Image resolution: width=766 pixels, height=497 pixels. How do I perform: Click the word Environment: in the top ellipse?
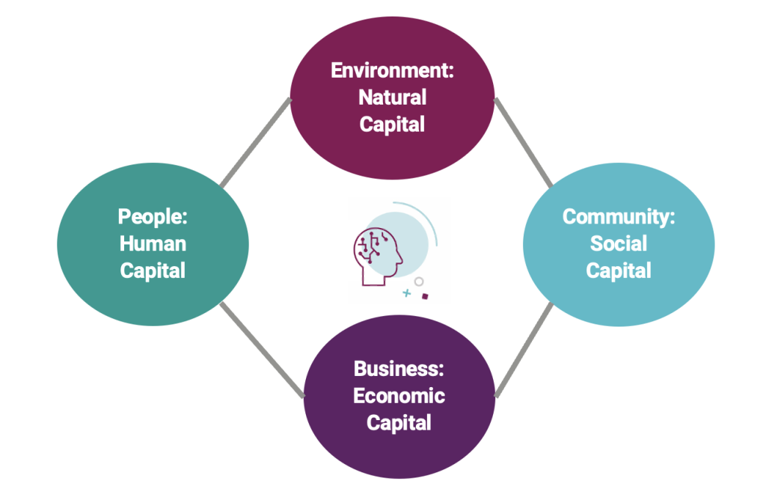pos(392,71)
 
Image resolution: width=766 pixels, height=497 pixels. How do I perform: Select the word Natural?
pos(392,97)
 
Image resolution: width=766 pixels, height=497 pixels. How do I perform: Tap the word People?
pos(153,217)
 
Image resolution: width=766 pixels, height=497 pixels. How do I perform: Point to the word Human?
pos(153,244)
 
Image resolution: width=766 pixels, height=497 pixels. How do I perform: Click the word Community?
pos(619,217)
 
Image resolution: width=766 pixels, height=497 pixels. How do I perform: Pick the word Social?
pos(619,244)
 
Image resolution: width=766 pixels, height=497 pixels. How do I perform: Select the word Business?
pos(399,368)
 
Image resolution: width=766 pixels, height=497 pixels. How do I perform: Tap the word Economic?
pos(399,395)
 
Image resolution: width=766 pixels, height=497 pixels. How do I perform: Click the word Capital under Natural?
pos(392,124)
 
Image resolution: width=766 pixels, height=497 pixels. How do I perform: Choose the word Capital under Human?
pos(153,271)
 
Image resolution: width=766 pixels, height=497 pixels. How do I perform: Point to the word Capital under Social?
pos(619,271)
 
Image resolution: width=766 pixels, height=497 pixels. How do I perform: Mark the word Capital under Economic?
pos(399,422)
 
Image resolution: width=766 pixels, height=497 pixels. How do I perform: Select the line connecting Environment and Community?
pos(524,142)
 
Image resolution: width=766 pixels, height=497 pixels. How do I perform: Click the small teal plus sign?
pos(407,294)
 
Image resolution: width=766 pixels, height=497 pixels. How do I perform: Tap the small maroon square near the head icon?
pos(425,297)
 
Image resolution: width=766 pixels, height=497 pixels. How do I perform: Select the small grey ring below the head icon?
pos(419,282)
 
